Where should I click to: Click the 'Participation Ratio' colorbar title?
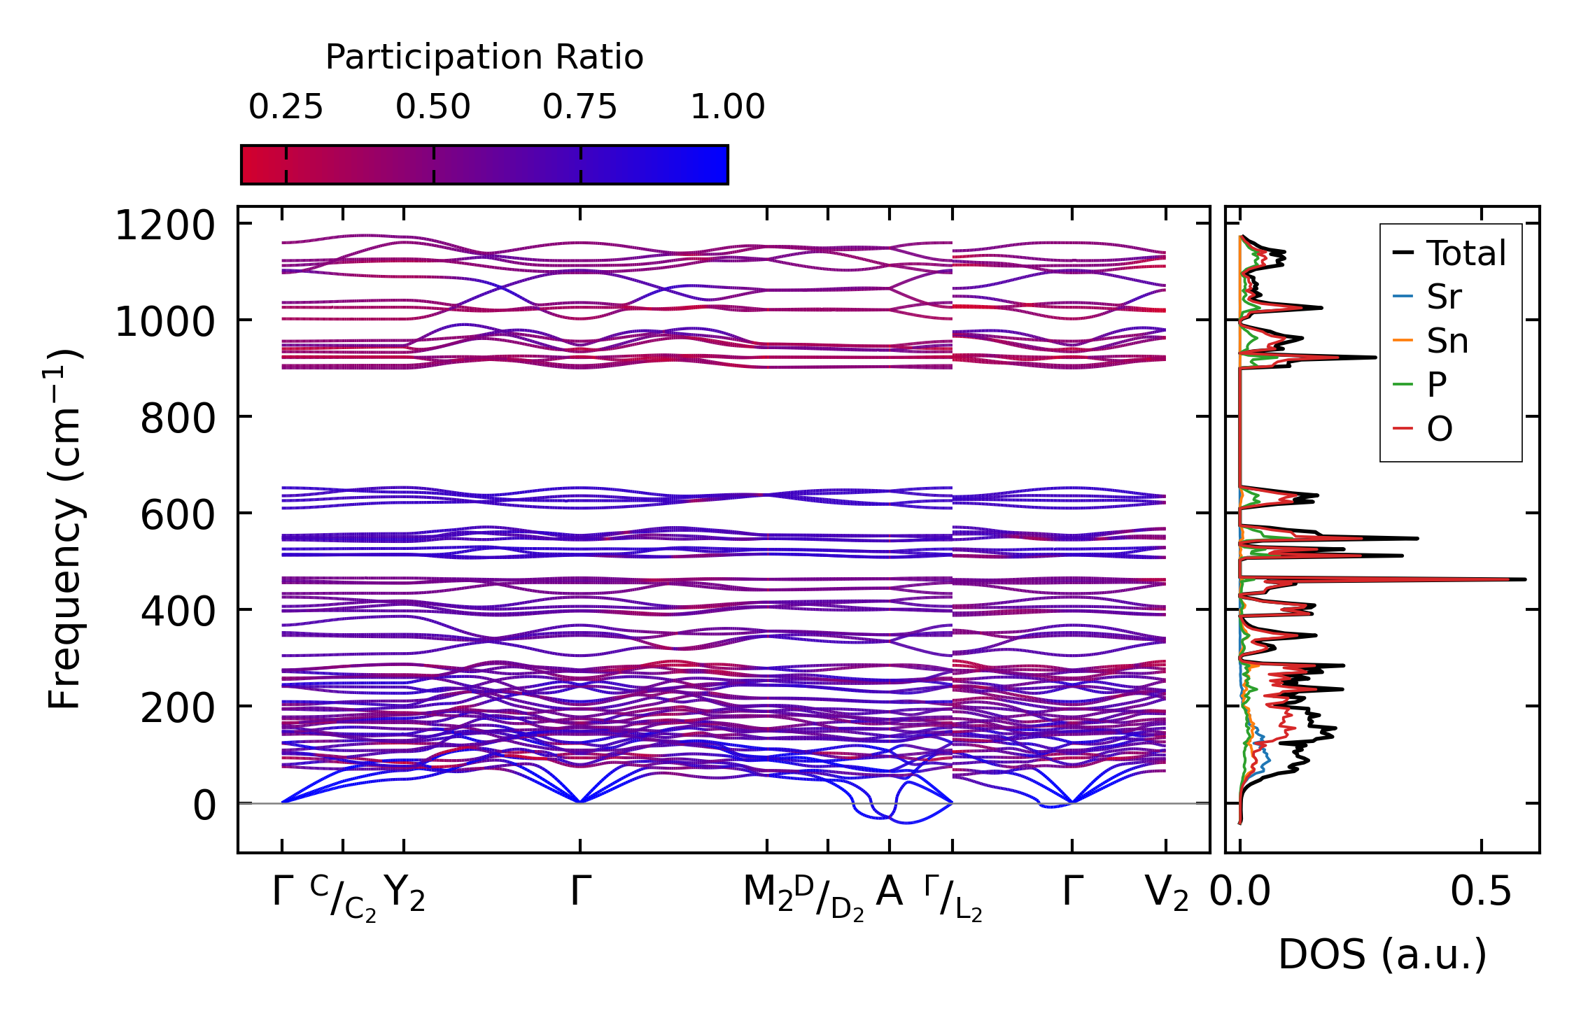click(x=484, y=57)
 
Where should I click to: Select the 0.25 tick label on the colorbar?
click(x=286, y=107)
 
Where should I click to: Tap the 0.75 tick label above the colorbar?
click(x=579, y=107)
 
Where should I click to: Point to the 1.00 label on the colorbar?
click(x=727, y=107)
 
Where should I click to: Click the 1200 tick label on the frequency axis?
click(x=164, y=226)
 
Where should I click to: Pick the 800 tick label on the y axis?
click(x=177, y=420)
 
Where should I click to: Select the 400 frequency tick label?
click(x=177, y=612)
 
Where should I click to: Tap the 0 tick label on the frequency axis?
click(x=204, y=805)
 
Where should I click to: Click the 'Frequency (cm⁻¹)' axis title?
click(x=65, y=529)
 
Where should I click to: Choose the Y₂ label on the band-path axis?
click(x=405, y=893)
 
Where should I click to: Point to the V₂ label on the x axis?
click(x=1166, y=893)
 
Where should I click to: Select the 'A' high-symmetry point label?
click(x=889, y=892)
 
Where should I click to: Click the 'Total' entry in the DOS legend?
click(x=1466, y=253)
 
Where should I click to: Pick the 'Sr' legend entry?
click(x=1444, y=297)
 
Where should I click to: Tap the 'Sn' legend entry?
click(x=1447, y=341)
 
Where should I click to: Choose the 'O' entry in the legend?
click(x=1440, y=429)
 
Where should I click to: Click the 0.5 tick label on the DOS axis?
click(x=1481, y=893)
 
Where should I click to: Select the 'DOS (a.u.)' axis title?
click(x=1382, y=954)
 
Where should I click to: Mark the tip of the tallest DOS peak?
click(x=1525, y=579)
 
